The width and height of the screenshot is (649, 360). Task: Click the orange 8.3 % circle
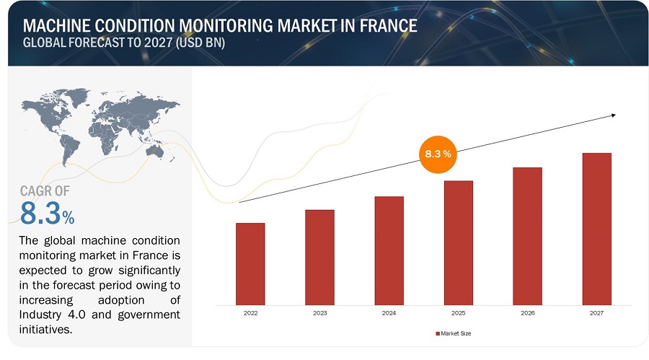(x=437, y=154)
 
